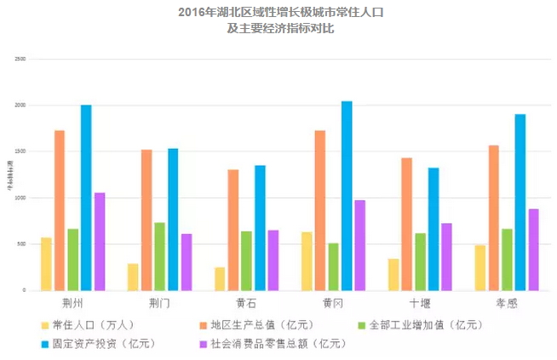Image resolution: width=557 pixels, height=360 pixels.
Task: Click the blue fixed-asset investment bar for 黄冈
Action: tap(347, 196)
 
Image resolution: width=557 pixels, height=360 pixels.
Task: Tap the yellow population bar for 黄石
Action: tap(220, 278)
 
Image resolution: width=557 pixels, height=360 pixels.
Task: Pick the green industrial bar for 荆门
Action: tap(159, 256)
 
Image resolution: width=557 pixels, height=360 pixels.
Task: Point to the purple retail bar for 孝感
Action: tap(533, 249)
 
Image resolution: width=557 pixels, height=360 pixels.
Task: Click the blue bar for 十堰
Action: tap(434, 229)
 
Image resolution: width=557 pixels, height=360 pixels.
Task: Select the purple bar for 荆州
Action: tap(100, 241)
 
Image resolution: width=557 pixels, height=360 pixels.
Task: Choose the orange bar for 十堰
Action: tap(407, 224)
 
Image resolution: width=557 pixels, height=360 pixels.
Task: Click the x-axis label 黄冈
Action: tap(332, 302)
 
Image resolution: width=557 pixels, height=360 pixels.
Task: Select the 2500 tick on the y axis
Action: tap(20, 59)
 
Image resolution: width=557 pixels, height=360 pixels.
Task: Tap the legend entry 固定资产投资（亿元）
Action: tap(100, 343)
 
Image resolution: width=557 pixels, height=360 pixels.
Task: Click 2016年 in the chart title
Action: tap(198, 12)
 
